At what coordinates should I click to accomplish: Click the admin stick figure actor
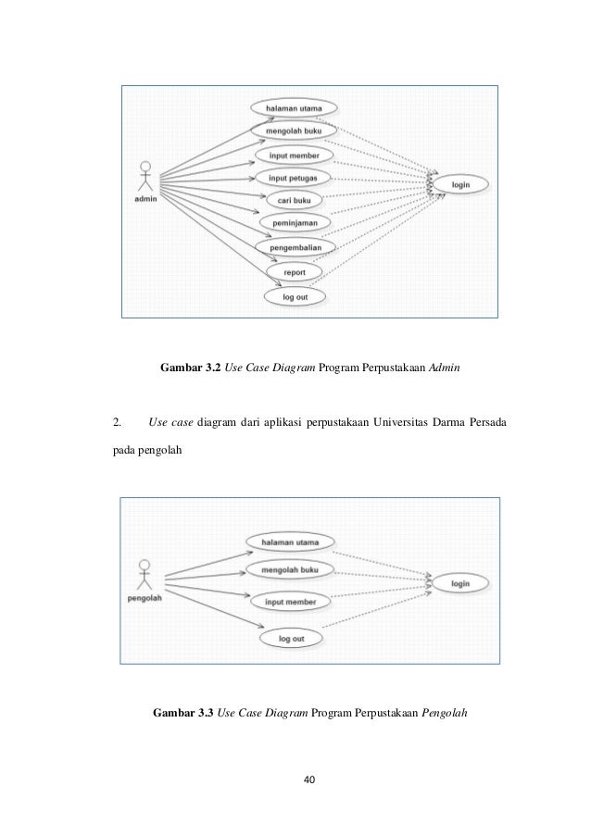(x=145, y=177)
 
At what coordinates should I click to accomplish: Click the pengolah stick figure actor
(x=143, y=578)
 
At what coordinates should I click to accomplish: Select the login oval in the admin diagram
(x=460, y=185)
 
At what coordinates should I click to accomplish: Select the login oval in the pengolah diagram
(x=459, y=584)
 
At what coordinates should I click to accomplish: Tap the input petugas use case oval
(x=291, y=177)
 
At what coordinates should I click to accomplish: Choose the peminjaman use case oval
(x=290, y=224)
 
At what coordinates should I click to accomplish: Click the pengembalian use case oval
(x=290, y=248)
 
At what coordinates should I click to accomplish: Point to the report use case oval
(x=294, y=272)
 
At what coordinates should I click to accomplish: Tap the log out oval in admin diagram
(x=295, y=296)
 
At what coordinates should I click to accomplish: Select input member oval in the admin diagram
(x=293, y=155)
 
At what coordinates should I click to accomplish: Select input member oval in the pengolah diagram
(x=290, y=602)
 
